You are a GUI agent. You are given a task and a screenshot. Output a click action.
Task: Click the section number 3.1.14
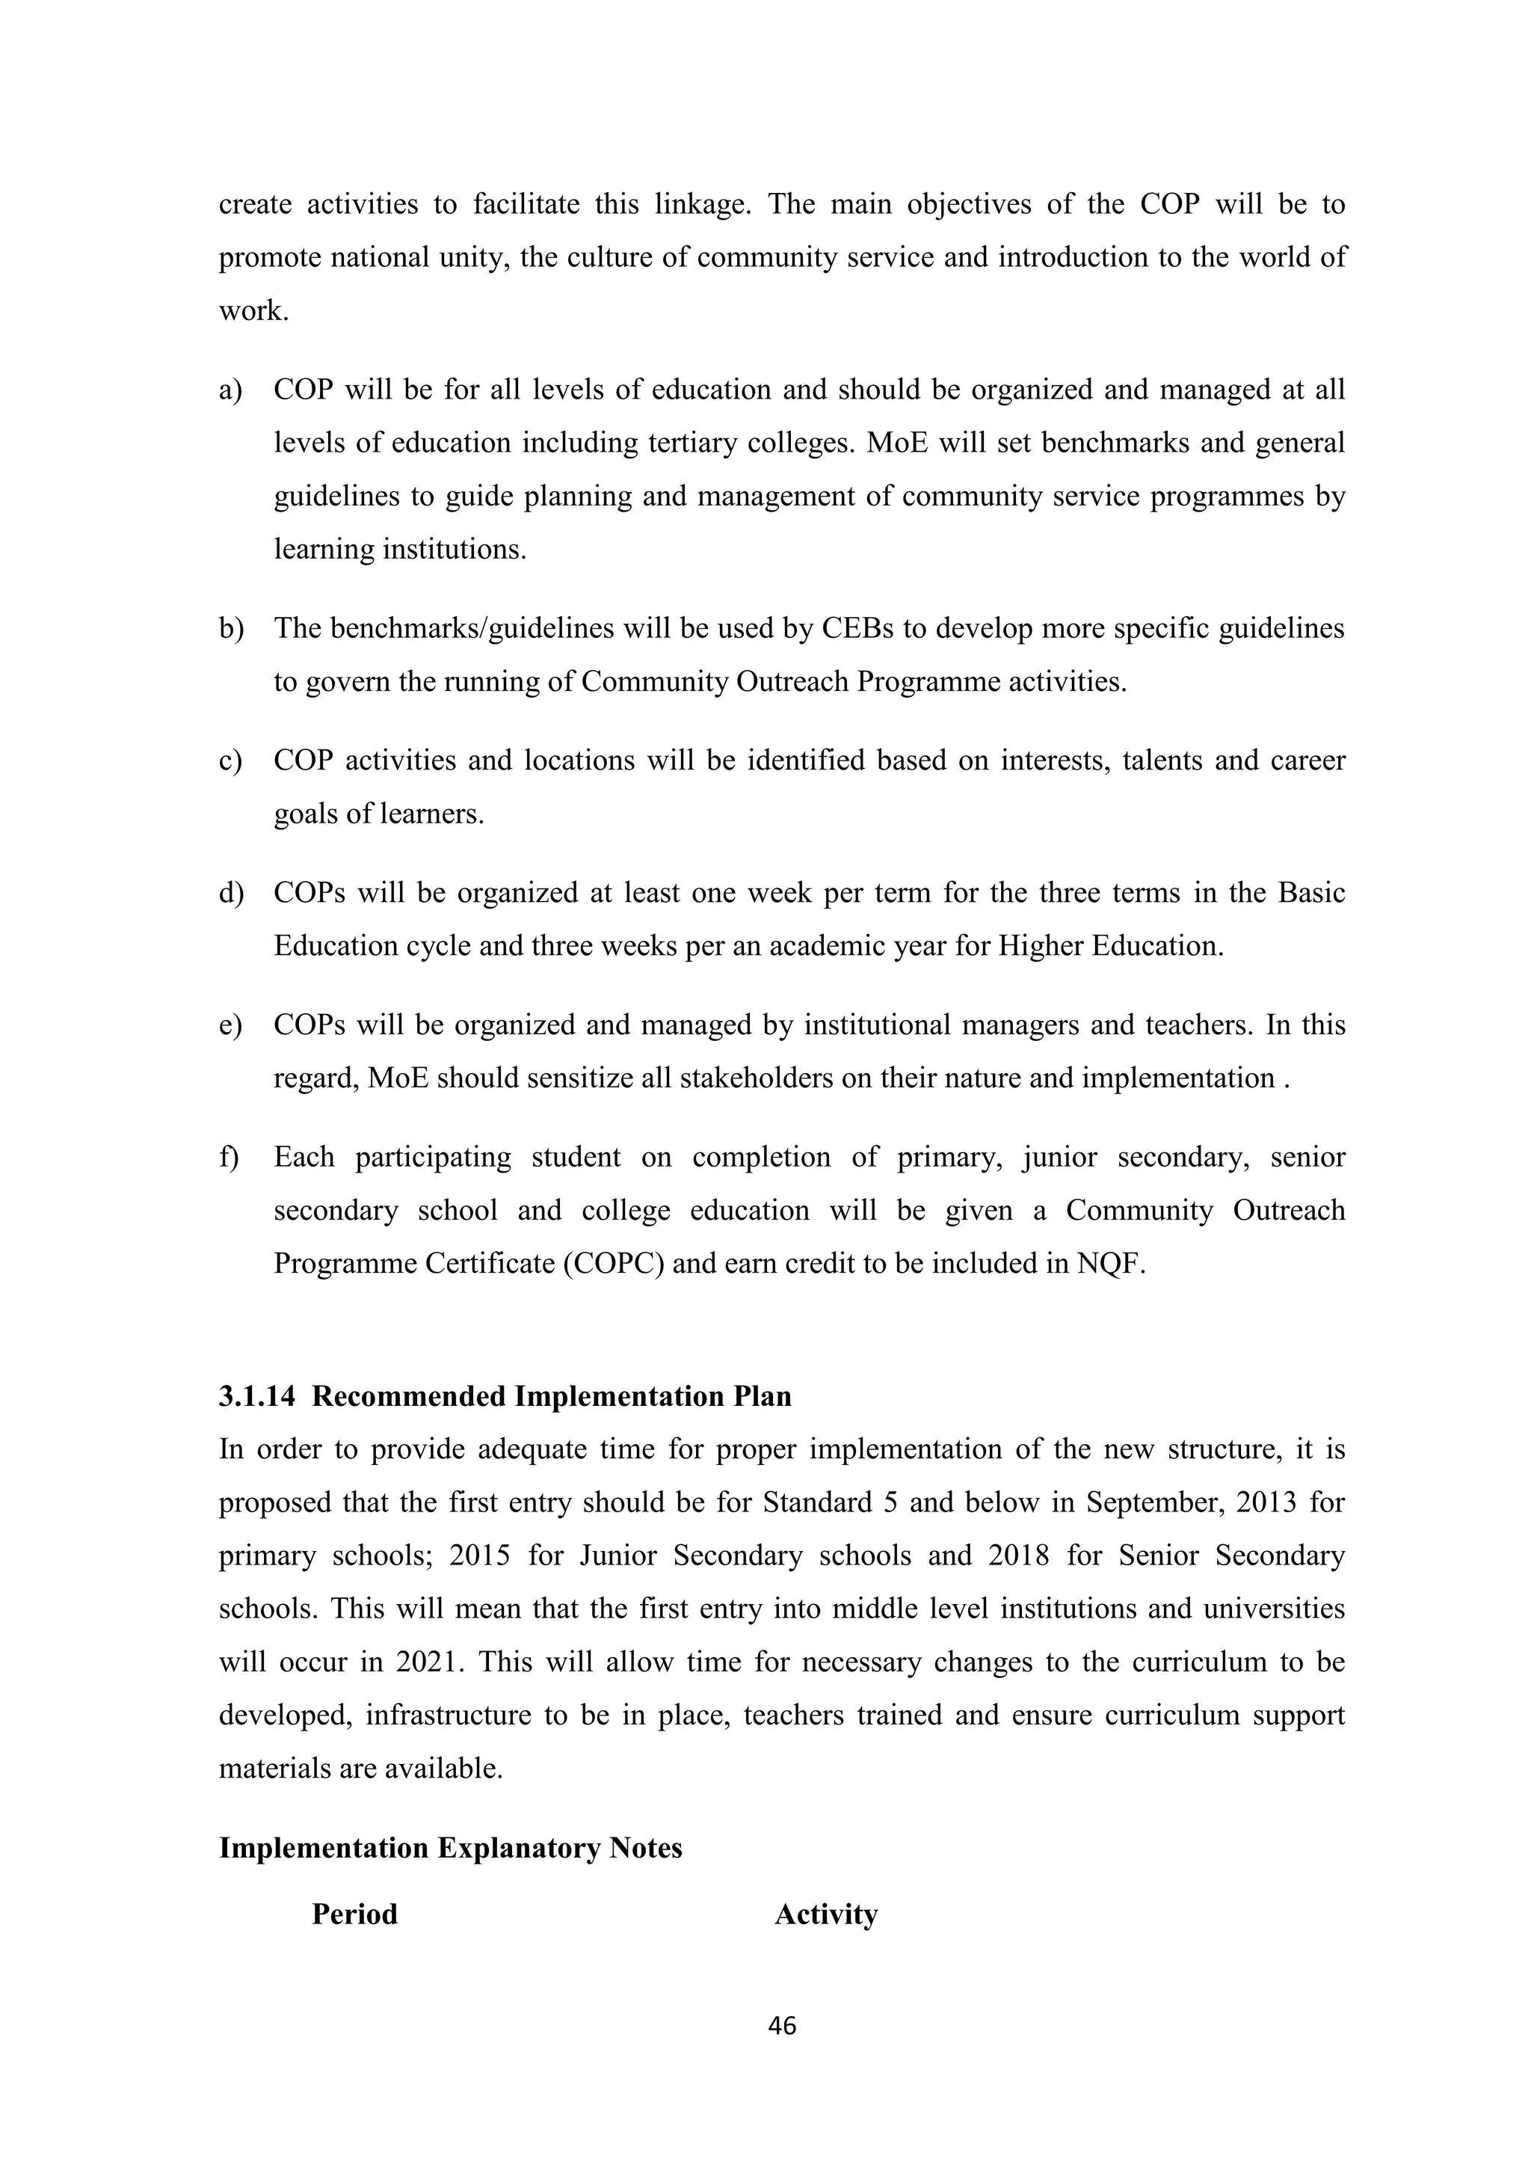(x=256, y=1395)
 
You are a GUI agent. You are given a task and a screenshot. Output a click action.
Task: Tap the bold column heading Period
(x=354, y=1914)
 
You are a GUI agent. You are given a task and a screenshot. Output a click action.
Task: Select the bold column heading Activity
(x=826, y=1914)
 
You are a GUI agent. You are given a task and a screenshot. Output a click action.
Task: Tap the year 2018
(x=1018, y=1555)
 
